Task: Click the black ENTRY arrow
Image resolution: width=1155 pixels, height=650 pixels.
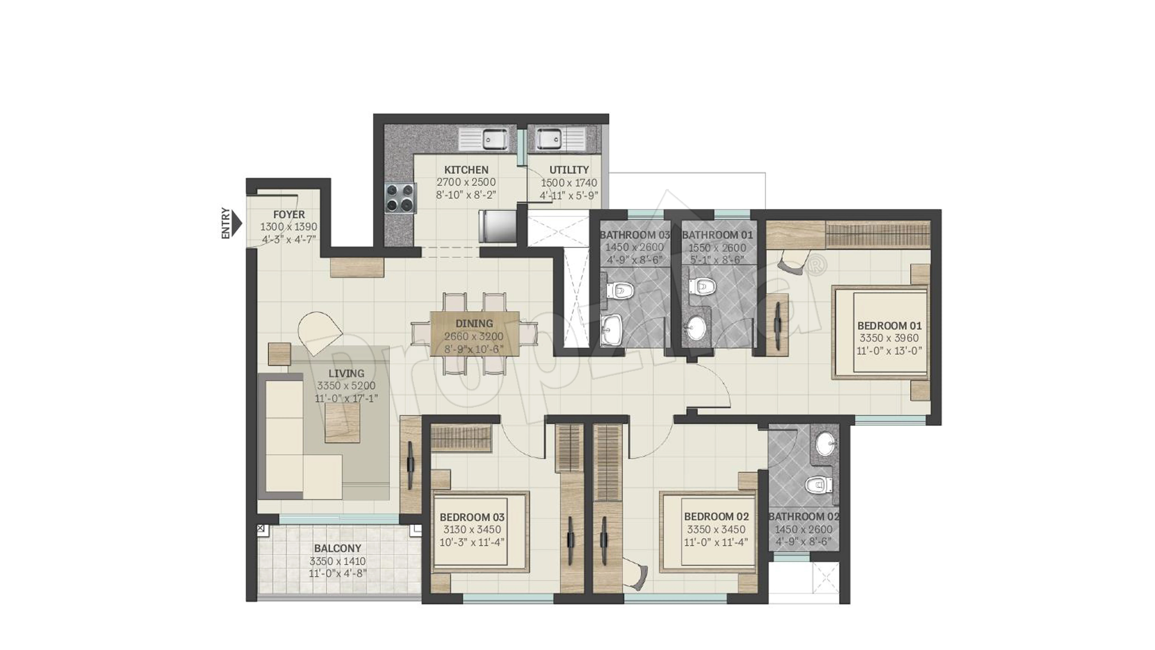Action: [x=238, y=223]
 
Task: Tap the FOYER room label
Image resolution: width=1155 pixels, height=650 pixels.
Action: [x=289, y=214]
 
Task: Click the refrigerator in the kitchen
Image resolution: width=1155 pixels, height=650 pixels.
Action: [x=497, y=226]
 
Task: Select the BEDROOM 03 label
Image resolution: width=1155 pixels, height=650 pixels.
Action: [x=472, y=517]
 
